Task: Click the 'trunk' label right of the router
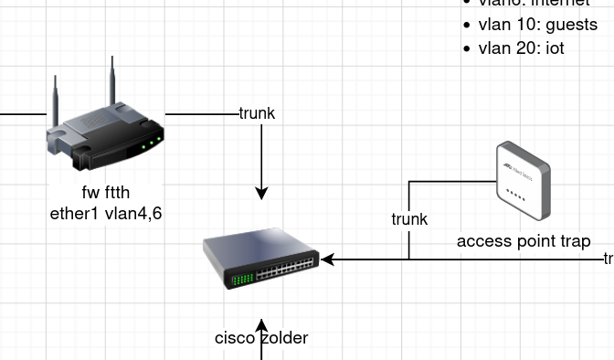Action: click(257, 114)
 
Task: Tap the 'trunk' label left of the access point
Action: click(409, 219)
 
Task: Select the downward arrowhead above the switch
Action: click(262, 193)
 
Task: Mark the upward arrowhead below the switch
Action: click(262, 325)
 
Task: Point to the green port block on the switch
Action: click(242, 278)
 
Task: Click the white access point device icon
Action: click(524, 180)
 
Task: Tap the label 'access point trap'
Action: click(524, 241)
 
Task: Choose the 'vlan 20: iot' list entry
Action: click(521, 48)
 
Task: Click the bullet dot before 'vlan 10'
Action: click(468, 26)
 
